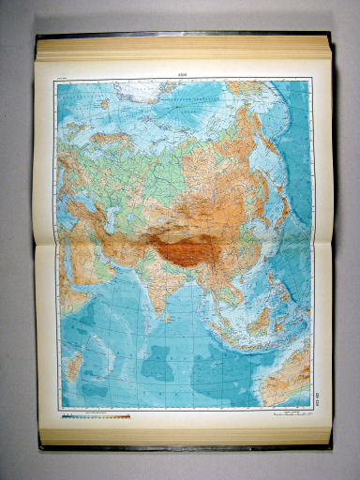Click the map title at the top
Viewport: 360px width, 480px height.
(x=182, y=77)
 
